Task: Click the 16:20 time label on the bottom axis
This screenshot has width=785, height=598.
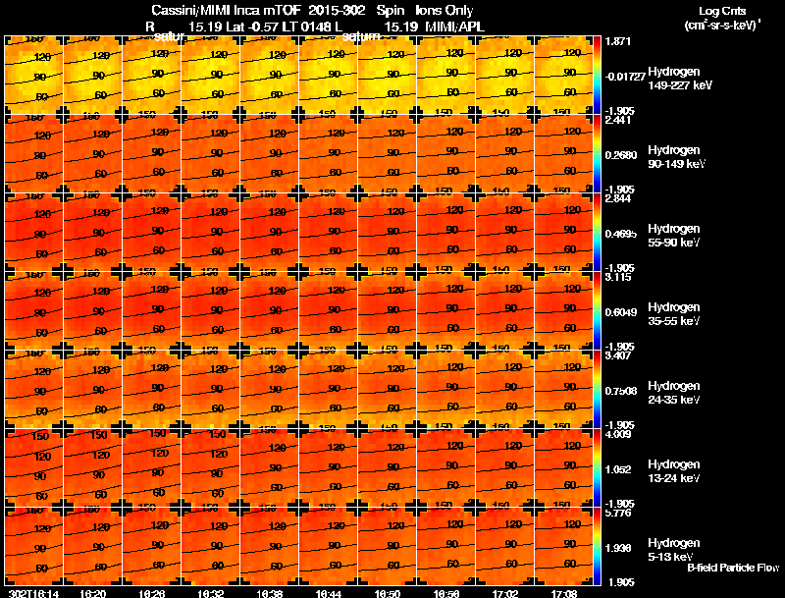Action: tap(93, 593)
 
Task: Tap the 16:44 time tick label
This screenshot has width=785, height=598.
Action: tap(329, 593)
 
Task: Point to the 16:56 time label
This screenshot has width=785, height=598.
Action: tap(446, 593)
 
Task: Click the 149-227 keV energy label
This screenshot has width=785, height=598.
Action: tap(680, 85)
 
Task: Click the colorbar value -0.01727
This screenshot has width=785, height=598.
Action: tap(624, 76)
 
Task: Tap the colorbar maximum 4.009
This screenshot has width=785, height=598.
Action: tap(618, 433)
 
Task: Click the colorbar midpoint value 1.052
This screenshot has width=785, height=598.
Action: tap(618, 468)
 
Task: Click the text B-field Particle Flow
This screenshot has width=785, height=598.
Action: tap(732, 568)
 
